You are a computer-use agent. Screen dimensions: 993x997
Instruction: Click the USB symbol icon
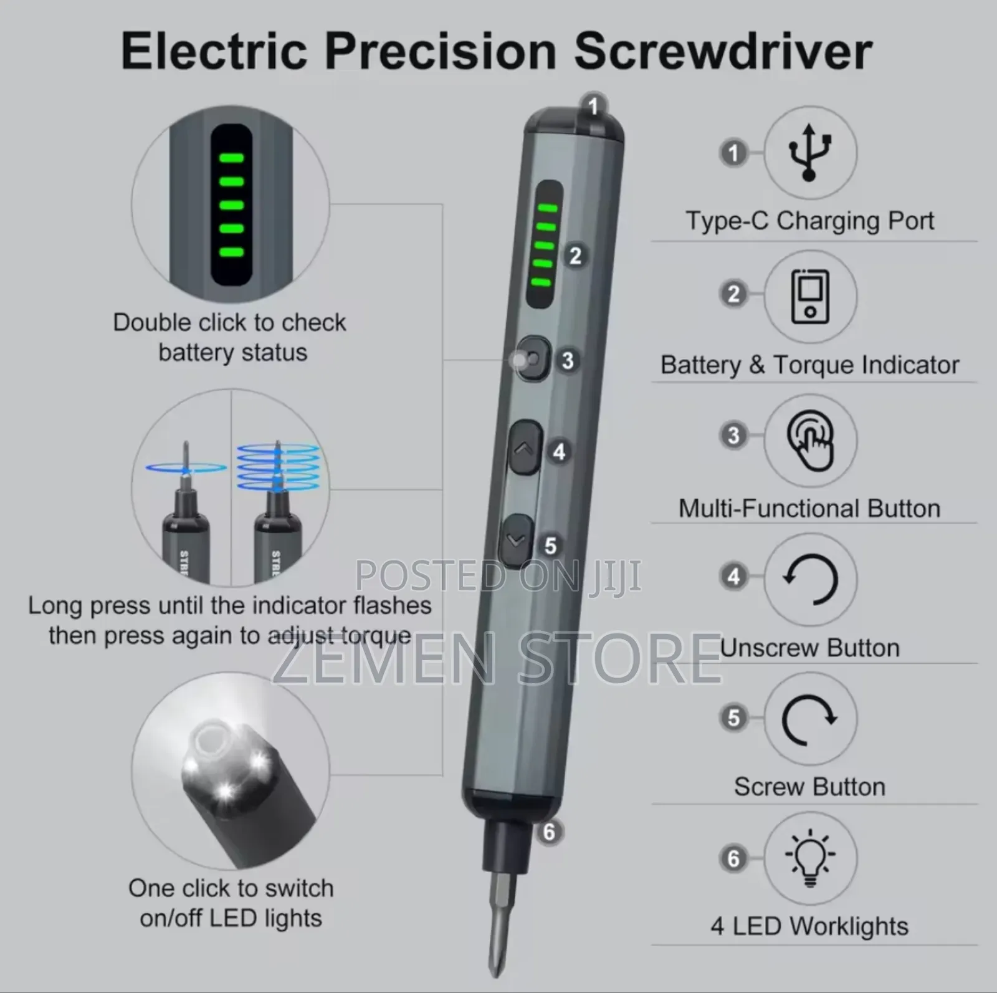pyautogui.click(x=809, y=153)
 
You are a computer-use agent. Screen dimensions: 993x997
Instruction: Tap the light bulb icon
pyautogui.click(x=809, y=857)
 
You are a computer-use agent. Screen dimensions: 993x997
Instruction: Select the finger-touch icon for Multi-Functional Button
pyautogui.click(x=810, y=441)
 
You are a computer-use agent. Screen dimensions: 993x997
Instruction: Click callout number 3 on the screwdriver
pyautogui.click(x=567, y=360)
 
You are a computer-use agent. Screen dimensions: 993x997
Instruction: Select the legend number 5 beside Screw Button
pyautogui.click(x=733, y=717)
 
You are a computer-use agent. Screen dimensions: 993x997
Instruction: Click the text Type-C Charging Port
pyautogui.click(x=809, y=221)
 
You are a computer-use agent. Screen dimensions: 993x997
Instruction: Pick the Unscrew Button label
pyautogui.click(x=809, y=648)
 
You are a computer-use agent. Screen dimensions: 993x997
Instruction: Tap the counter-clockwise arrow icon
pyautogui.click(x=810, y=579)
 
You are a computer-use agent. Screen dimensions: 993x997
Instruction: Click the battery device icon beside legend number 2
pyautogui.click(x=810, y=297)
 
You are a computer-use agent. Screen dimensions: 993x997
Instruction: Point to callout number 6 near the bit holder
pyautogui.click(x=548, y=832)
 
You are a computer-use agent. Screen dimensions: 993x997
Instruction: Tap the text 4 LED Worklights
pyautogui.click(x=809, y=926)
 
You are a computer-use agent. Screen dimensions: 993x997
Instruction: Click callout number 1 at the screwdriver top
pyautogui.click(x=593, y=107)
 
